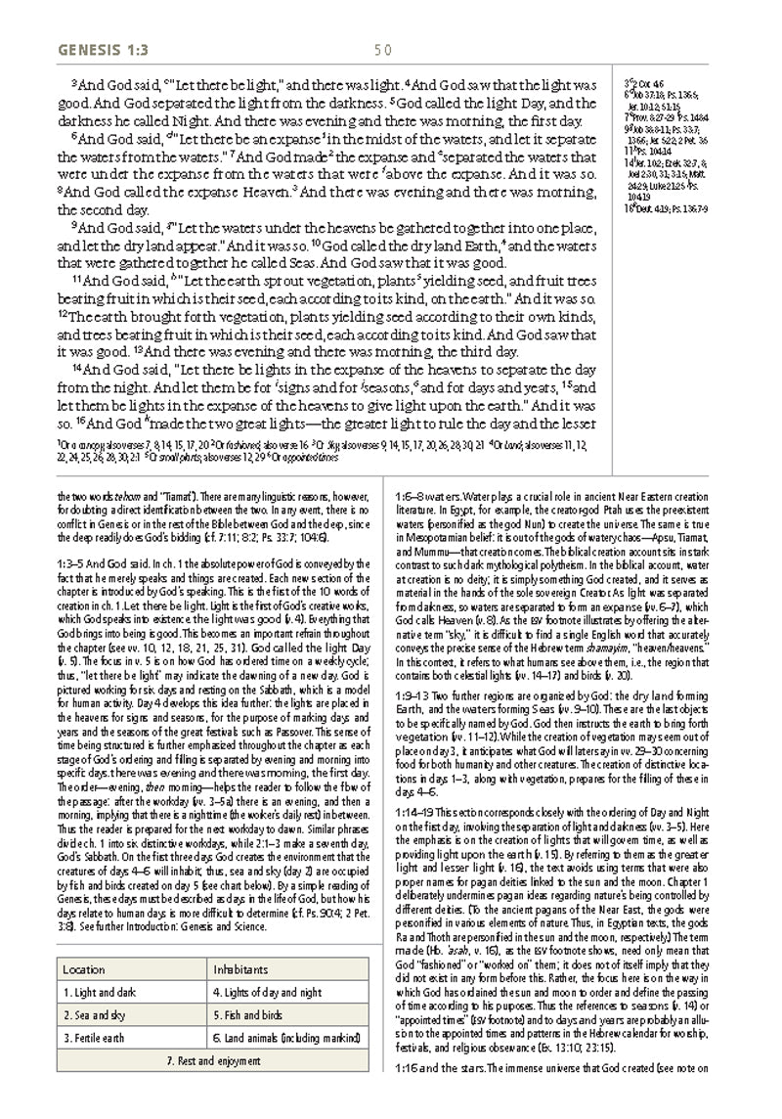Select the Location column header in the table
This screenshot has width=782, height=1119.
tap(83, 942)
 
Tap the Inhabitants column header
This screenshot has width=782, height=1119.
tap(243, 942)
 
